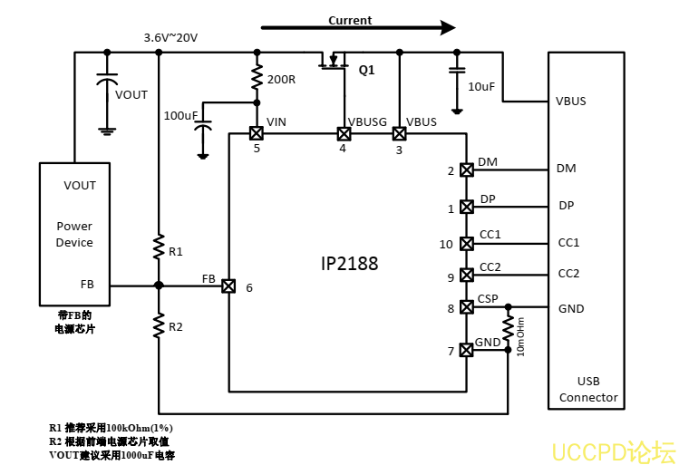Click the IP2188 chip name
tap(349, 264)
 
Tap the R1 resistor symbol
tap(159, 247)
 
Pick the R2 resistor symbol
tap(159, 325)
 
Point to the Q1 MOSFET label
tap(366, 70)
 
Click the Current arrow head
tap(447, 27)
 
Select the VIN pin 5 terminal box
tap(257, 133)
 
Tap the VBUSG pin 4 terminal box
tap(343, 133)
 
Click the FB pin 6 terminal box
tap(228, 286)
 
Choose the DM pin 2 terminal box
tap(467, 170)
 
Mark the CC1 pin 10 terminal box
tap(467, 243)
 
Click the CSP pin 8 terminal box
tap(467, 307)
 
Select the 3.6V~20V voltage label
tap(170, 38)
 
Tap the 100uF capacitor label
tap(180, 116)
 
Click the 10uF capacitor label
tap(481, 86)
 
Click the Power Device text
tap(74, 235)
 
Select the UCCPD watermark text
tap(614, 450)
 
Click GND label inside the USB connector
tap(571, 309)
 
